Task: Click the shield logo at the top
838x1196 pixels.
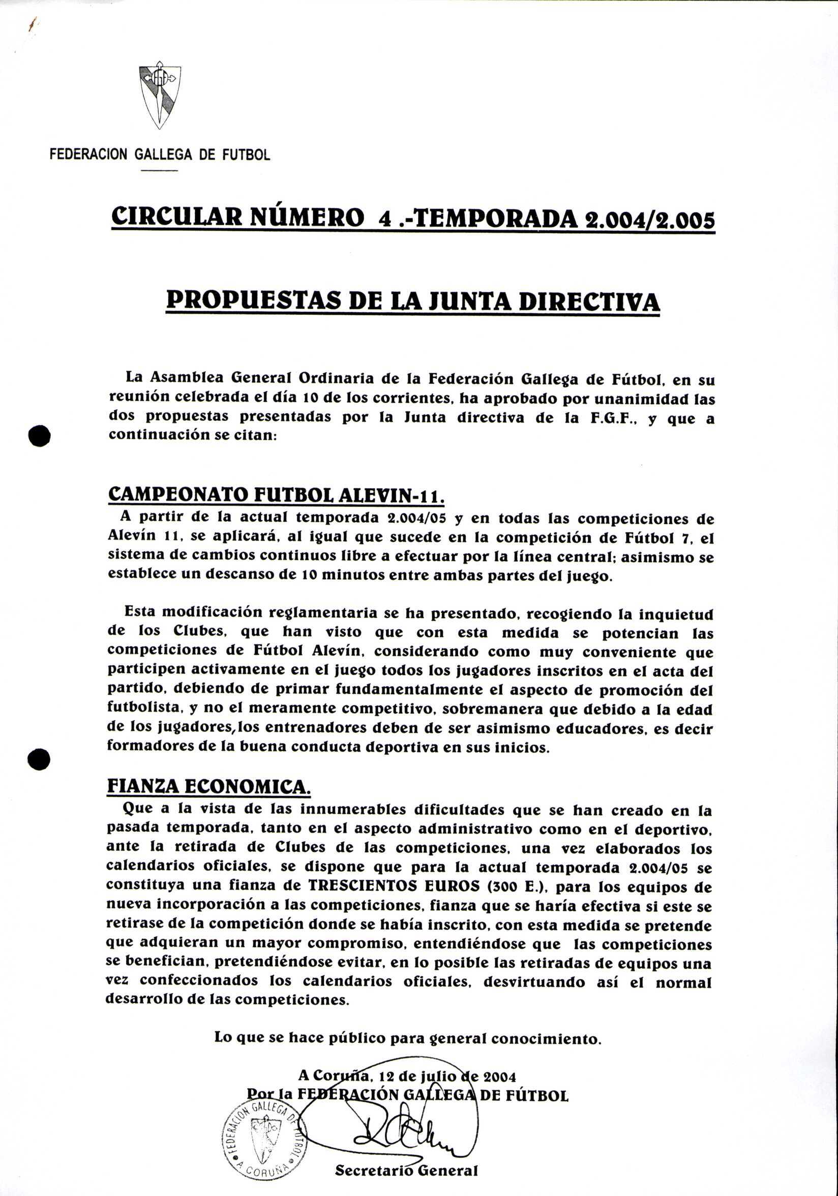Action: (160, 97)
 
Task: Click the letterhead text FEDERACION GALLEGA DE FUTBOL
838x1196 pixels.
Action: (159, 155)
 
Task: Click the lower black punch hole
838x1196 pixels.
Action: (40, 759)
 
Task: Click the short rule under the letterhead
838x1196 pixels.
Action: (159, 171)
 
